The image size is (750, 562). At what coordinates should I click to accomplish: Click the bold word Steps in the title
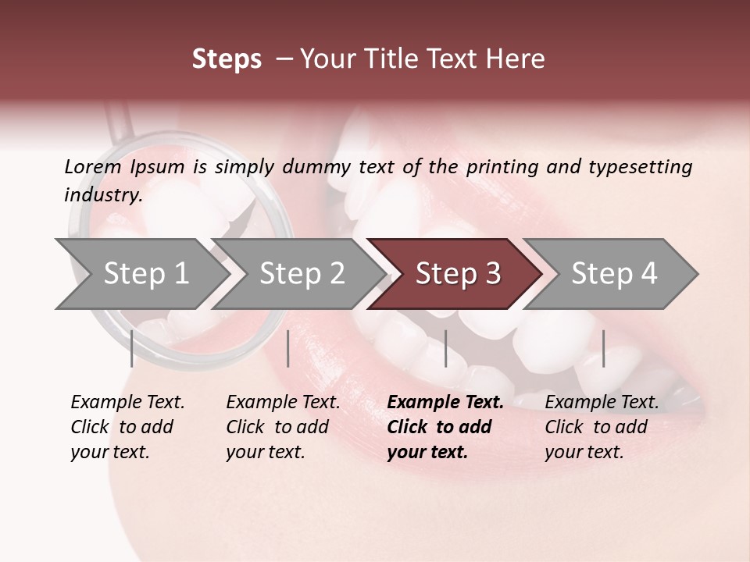coord(227,59)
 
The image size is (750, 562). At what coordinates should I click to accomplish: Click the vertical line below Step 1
coord(131,348)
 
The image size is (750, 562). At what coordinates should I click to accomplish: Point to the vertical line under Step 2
coord(288,348)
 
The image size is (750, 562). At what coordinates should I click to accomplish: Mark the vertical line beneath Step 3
coord(445,348)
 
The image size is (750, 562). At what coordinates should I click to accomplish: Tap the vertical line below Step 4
coord(603,348)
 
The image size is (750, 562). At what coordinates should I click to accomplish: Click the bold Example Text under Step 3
coord(445,402)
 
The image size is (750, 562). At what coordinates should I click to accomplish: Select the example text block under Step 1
coord(127,427)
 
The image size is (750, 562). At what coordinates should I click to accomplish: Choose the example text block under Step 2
coord(283,427)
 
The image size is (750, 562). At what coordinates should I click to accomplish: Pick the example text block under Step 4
coord(602,427)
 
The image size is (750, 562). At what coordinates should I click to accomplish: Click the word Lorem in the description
coord(93,166)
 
